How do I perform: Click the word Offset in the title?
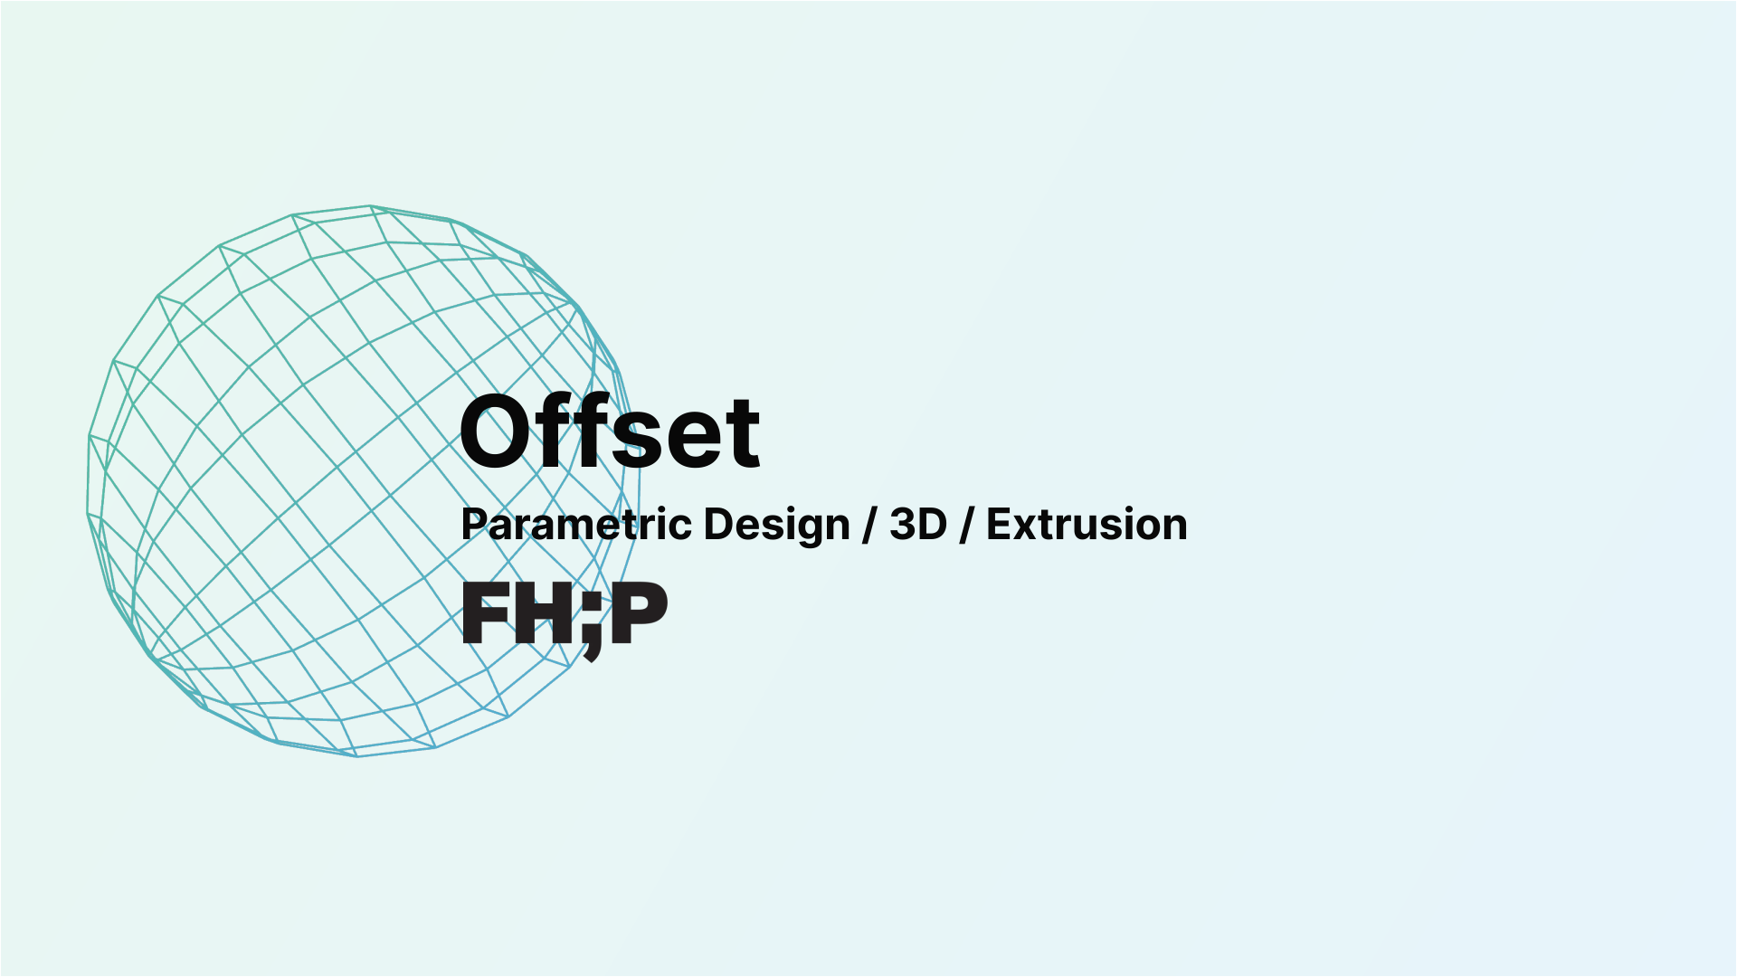[610, 432]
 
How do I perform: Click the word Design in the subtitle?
[776, 525]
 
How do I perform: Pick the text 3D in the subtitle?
[917, 525]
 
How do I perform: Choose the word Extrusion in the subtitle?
[1087, 525]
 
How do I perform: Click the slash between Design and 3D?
[869, 525]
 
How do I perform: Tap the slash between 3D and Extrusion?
[966, 525]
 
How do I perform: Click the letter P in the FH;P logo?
[639, 613]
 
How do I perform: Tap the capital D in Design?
[718, 525]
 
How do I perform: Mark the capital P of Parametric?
[475, 525]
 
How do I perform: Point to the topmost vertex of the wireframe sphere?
[370, 206]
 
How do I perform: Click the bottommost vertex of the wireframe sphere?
[356, 756]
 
